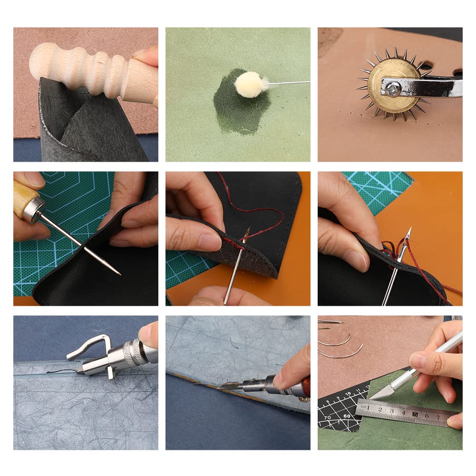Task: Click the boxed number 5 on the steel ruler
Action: [415, 414]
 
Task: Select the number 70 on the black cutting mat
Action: [328, 417]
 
